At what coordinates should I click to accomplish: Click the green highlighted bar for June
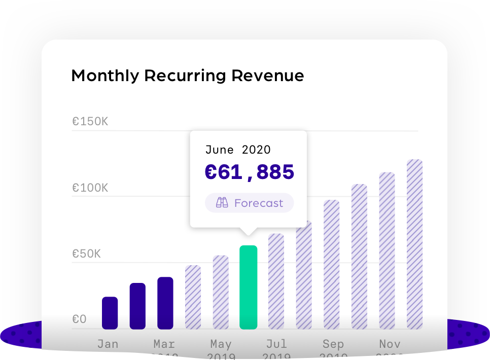tap(248, 287)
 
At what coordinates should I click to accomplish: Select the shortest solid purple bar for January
tap(110, 313)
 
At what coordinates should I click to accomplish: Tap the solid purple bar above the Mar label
tap(165, 303)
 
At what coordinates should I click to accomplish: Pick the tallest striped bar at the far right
tap(414, 244)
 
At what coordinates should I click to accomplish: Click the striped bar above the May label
tap(221, 292)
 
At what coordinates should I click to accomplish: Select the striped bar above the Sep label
tap(331, 264)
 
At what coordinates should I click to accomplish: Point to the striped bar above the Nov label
tap(387, 250)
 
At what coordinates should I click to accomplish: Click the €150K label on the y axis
tap(90, 122)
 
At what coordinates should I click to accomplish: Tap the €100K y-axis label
tap(90, 188)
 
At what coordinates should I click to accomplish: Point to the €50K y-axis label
tap(86, 254)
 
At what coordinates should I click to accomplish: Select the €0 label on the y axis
tap(79, 319)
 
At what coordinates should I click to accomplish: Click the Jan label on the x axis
tap(108, 344)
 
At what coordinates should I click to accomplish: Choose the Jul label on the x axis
tap(276, 344)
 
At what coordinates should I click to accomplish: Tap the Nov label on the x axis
tap(390, 344)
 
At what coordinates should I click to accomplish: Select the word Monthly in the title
tap(105, 76)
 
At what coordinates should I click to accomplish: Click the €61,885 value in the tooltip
tap(249, 172)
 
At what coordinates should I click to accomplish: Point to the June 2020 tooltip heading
tap(238, 150)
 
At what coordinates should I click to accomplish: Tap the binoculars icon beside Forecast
tap(222, 203)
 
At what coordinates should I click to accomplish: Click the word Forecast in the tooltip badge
tap(259, 203)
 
